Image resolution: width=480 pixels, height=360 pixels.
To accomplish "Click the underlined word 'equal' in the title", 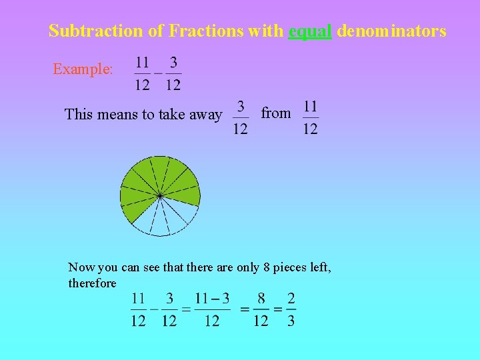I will click(310, 31).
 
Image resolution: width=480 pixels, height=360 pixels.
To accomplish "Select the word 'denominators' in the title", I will click(391, 31).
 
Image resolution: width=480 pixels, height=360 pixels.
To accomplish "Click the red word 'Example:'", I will click(83, 69).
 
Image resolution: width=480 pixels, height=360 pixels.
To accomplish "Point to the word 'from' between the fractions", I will click(275, 113).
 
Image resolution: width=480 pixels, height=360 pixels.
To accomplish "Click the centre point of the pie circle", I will click(160, 195).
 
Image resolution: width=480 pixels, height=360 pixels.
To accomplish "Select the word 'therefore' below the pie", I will click(92, 283).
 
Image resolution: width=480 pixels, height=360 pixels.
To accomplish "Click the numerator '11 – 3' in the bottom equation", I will click(212, 298).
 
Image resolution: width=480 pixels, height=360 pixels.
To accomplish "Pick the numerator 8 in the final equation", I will click(261, 298).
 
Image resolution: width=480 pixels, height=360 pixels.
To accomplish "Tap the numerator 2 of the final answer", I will click(291, 298).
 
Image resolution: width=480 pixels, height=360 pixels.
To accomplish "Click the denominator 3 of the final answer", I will click(291, 321).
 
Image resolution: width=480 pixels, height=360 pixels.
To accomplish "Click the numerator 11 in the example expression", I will click(142, 63).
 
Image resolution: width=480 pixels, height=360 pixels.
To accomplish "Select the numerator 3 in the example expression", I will click(173, 63).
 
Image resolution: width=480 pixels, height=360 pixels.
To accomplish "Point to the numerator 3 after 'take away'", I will click(240, 106).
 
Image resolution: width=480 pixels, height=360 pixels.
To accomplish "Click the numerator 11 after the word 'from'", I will click(310, 106).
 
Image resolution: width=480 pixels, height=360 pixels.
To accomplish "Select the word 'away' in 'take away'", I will click(205, 115).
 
